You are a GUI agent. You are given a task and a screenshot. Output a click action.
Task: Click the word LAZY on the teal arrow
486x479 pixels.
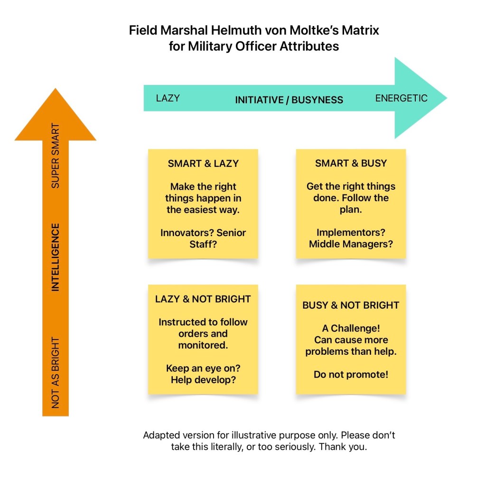coord(168,98)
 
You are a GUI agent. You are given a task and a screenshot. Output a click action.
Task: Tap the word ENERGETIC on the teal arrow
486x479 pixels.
coord(401,98)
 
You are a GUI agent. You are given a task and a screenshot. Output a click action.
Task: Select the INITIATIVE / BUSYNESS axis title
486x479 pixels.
coord(289,100)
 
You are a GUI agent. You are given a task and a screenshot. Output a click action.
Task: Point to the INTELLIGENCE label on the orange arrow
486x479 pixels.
coord(56,257)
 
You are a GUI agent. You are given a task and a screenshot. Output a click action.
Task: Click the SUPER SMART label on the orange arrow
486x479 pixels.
coord(56,156)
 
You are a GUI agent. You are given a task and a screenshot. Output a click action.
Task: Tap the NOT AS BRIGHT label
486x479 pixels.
coord(56,372)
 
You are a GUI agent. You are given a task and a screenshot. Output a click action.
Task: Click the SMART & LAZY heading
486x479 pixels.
coord(203,164)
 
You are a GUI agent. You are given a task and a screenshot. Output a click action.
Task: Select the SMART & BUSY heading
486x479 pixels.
coord(351,163)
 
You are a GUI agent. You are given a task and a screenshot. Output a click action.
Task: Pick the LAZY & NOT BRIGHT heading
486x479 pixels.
coord(203,299)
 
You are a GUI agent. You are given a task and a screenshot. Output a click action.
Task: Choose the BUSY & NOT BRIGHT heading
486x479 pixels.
coord(351,305)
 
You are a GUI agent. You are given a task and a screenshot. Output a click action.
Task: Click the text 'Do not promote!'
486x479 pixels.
coord(351,374)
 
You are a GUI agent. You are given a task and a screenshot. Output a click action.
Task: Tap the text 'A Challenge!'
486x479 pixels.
coord(351,328)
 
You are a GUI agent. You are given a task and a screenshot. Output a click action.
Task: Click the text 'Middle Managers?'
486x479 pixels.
coord(351,244)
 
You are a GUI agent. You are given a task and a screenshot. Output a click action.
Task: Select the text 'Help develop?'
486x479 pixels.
coord(203,380)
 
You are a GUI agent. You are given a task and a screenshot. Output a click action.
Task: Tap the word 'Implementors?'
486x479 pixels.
coord(351,233)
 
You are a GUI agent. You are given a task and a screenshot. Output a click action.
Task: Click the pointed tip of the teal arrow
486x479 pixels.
coord(446,98)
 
